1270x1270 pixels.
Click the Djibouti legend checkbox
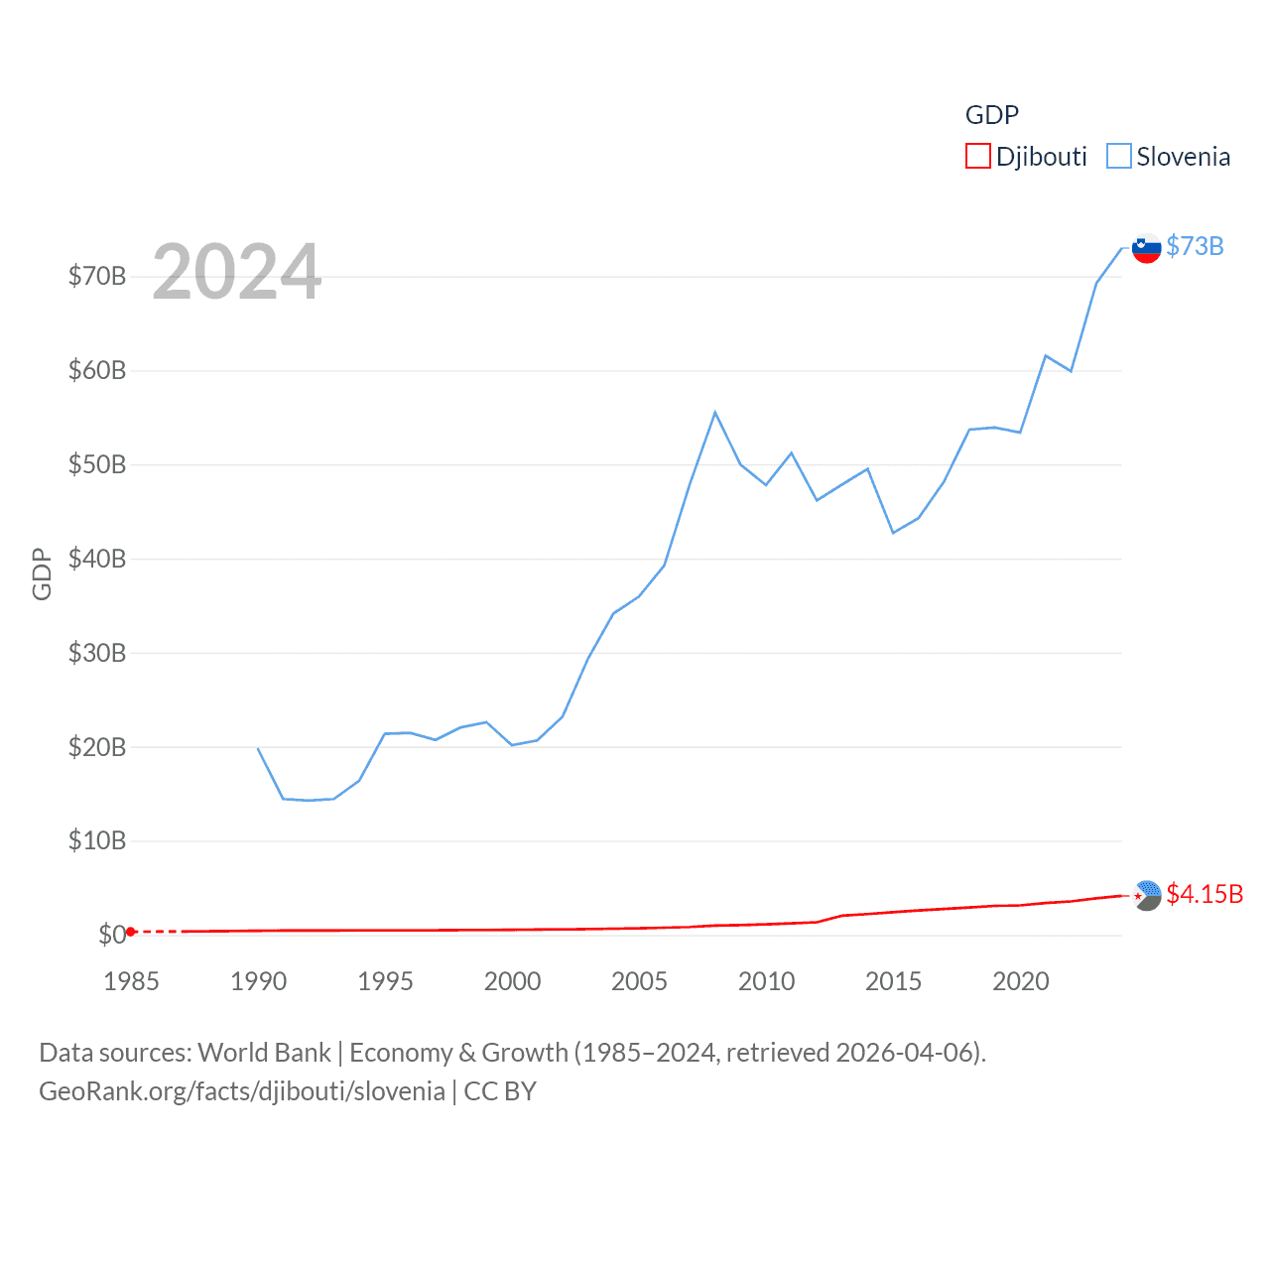coord(978,157)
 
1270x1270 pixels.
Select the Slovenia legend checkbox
coord(1119,157)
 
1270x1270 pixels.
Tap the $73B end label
coord(1195,246)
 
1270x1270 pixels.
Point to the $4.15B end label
coord(1205,894)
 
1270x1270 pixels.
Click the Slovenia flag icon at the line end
coord(1147,248)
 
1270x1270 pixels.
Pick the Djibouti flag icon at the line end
coord(1147,895)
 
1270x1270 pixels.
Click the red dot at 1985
coord(131,932)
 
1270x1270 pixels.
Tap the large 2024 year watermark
coord(236,272)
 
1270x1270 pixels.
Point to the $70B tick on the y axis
coord(97,276)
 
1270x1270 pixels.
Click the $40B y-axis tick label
coord(97,559)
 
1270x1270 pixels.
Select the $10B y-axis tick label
coord(97,841)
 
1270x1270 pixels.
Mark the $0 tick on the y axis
coord(112,935)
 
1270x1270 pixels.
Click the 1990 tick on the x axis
coord(258,981)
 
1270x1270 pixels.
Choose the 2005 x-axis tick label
coord(639,981)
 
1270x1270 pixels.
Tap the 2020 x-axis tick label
coord(1020,981)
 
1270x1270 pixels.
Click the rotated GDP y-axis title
coord(42,573)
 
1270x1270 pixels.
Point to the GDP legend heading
coord(992,115)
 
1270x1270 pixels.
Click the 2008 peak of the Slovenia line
coord(715,413)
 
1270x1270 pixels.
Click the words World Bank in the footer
coord(264,1053)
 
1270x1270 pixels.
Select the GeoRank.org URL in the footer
coord(242,1091)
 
